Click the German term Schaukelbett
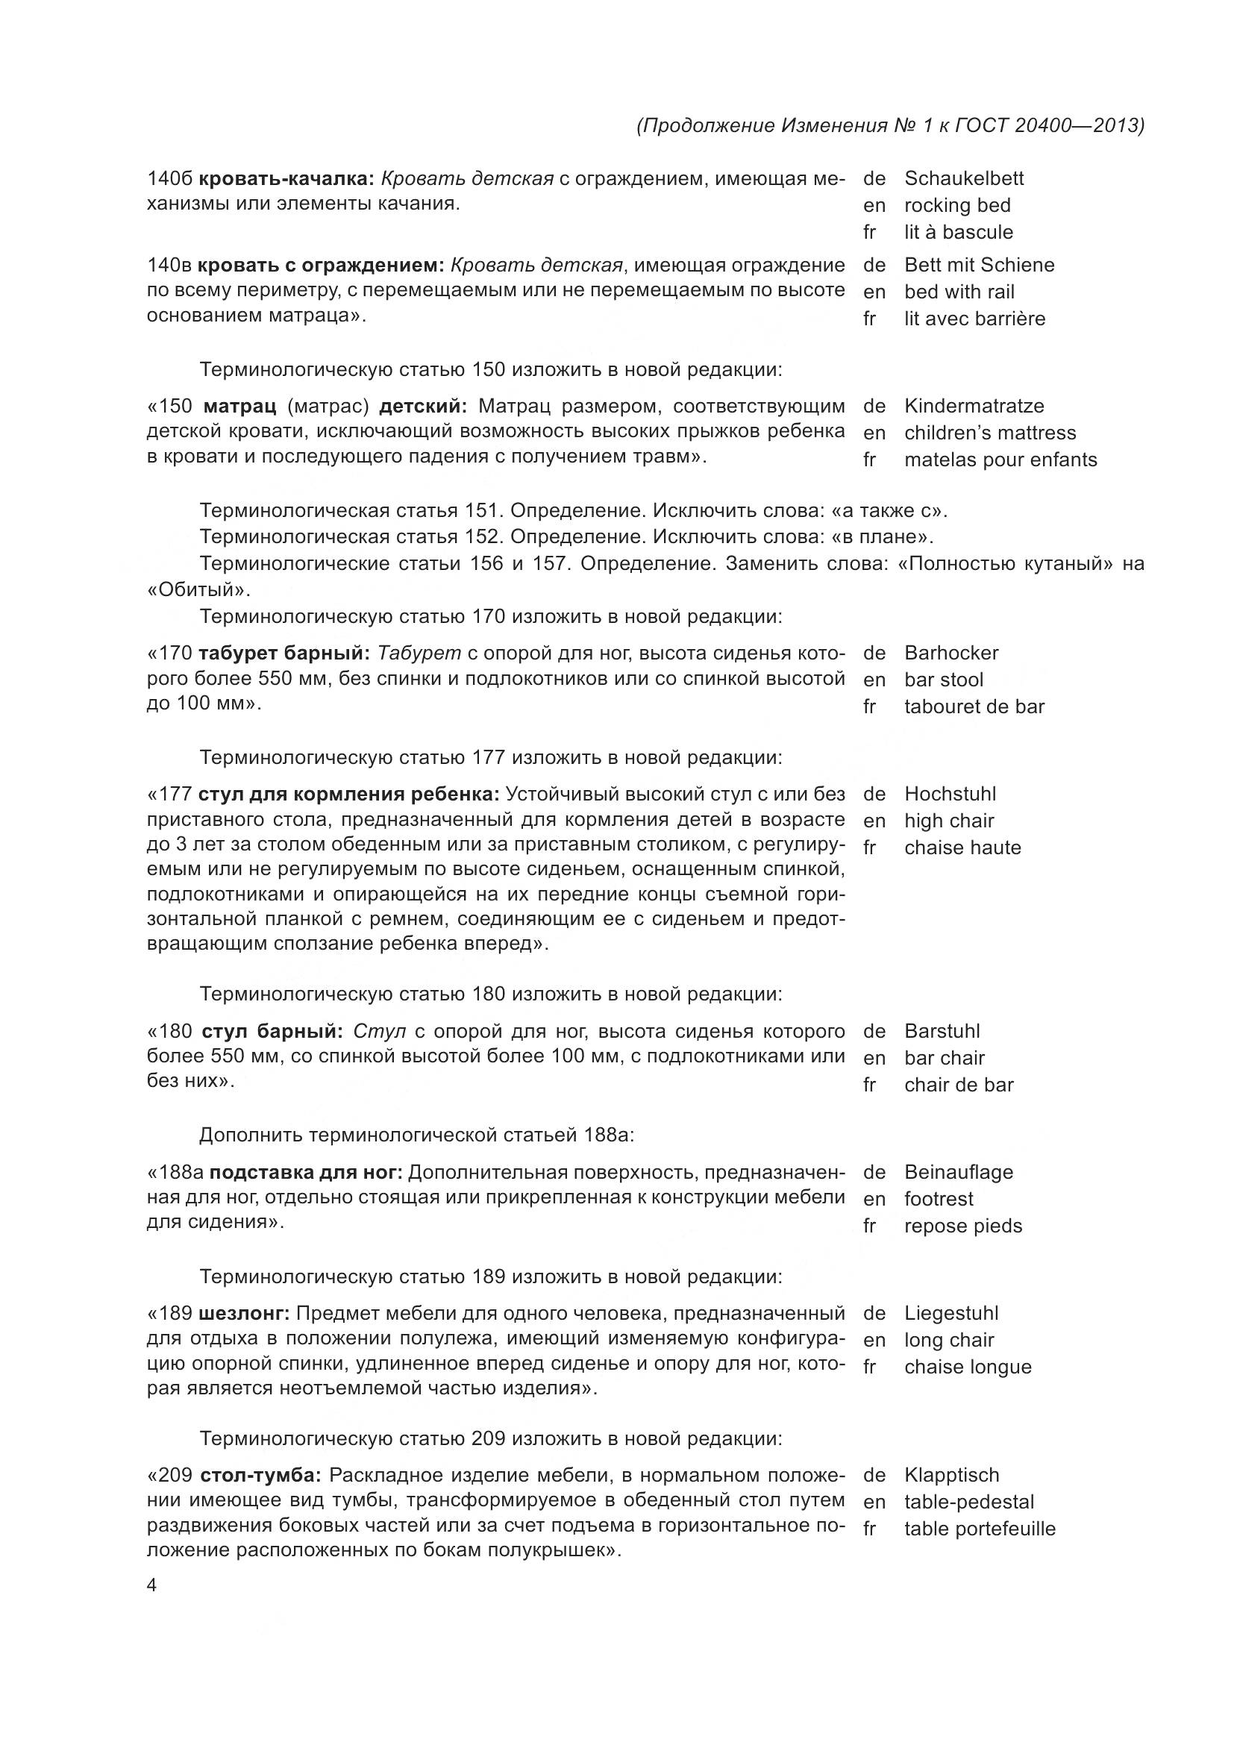963,178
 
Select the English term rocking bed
956,205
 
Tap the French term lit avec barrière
974,319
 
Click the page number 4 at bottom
151,1585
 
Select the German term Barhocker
950,653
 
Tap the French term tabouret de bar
974,707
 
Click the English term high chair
948,821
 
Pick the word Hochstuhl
950,795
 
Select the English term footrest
939,1200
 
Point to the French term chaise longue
968,1368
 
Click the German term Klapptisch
951,1475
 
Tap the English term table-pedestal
969,1502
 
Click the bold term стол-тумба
260,1475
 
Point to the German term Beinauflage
958,1172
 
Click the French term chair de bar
958,1085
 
